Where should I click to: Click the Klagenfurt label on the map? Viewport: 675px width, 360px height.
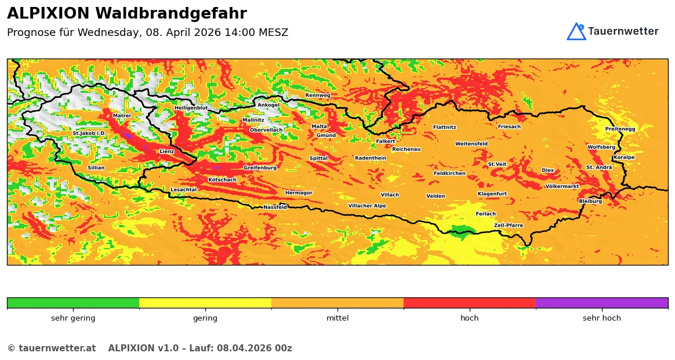pyautogui.click(x=492, y=194)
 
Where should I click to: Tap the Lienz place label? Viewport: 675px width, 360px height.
pyautogui.click(x=167, y=151)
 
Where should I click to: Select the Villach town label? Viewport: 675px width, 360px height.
pyautogui.click(x=390, y=195)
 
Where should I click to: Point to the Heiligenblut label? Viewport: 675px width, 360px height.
pyautogui.click(x=191, y=108)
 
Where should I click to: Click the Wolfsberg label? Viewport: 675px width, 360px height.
pyautogui.click(x=601, y=147)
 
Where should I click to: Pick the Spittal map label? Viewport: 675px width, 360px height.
pyautogui.click(x=318, y=158)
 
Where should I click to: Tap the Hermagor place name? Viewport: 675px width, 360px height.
pyautogui.click(x=299, y=193)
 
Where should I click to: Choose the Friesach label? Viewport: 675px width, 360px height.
pyautogui.click(x=509, y=126)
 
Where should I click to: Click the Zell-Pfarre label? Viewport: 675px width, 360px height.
pyautogui.click(x=509, y=226)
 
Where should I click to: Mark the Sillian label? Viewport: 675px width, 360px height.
pyautogui.click(x=96, y=168)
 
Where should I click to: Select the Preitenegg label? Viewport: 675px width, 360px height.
pyautogui.click(x=620, y=129)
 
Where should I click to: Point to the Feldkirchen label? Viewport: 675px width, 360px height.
pyautogui.click(x=449, y=173)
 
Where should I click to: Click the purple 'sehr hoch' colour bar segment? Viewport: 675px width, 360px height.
pyautogui.click(x=601, y=303)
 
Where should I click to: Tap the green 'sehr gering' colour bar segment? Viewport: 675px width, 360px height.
pyautogui.click(x=73, y=303)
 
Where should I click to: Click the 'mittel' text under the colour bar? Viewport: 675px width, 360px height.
pyautogui.click(x=338, y=318)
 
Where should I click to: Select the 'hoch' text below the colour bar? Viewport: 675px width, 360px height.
pyautogui.click(x=470, y=318)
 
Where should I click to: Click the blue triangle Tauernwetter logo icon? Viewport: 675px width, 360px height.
pyautogui.click(x=576, y=32)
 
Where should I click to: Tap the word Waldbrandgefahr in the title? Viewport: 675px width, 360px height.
pyautogui.click(x=171, y=14)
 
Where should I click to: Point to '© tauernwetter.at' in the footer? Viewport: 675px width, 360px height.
pyautogui.click(x=52, y=348)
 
